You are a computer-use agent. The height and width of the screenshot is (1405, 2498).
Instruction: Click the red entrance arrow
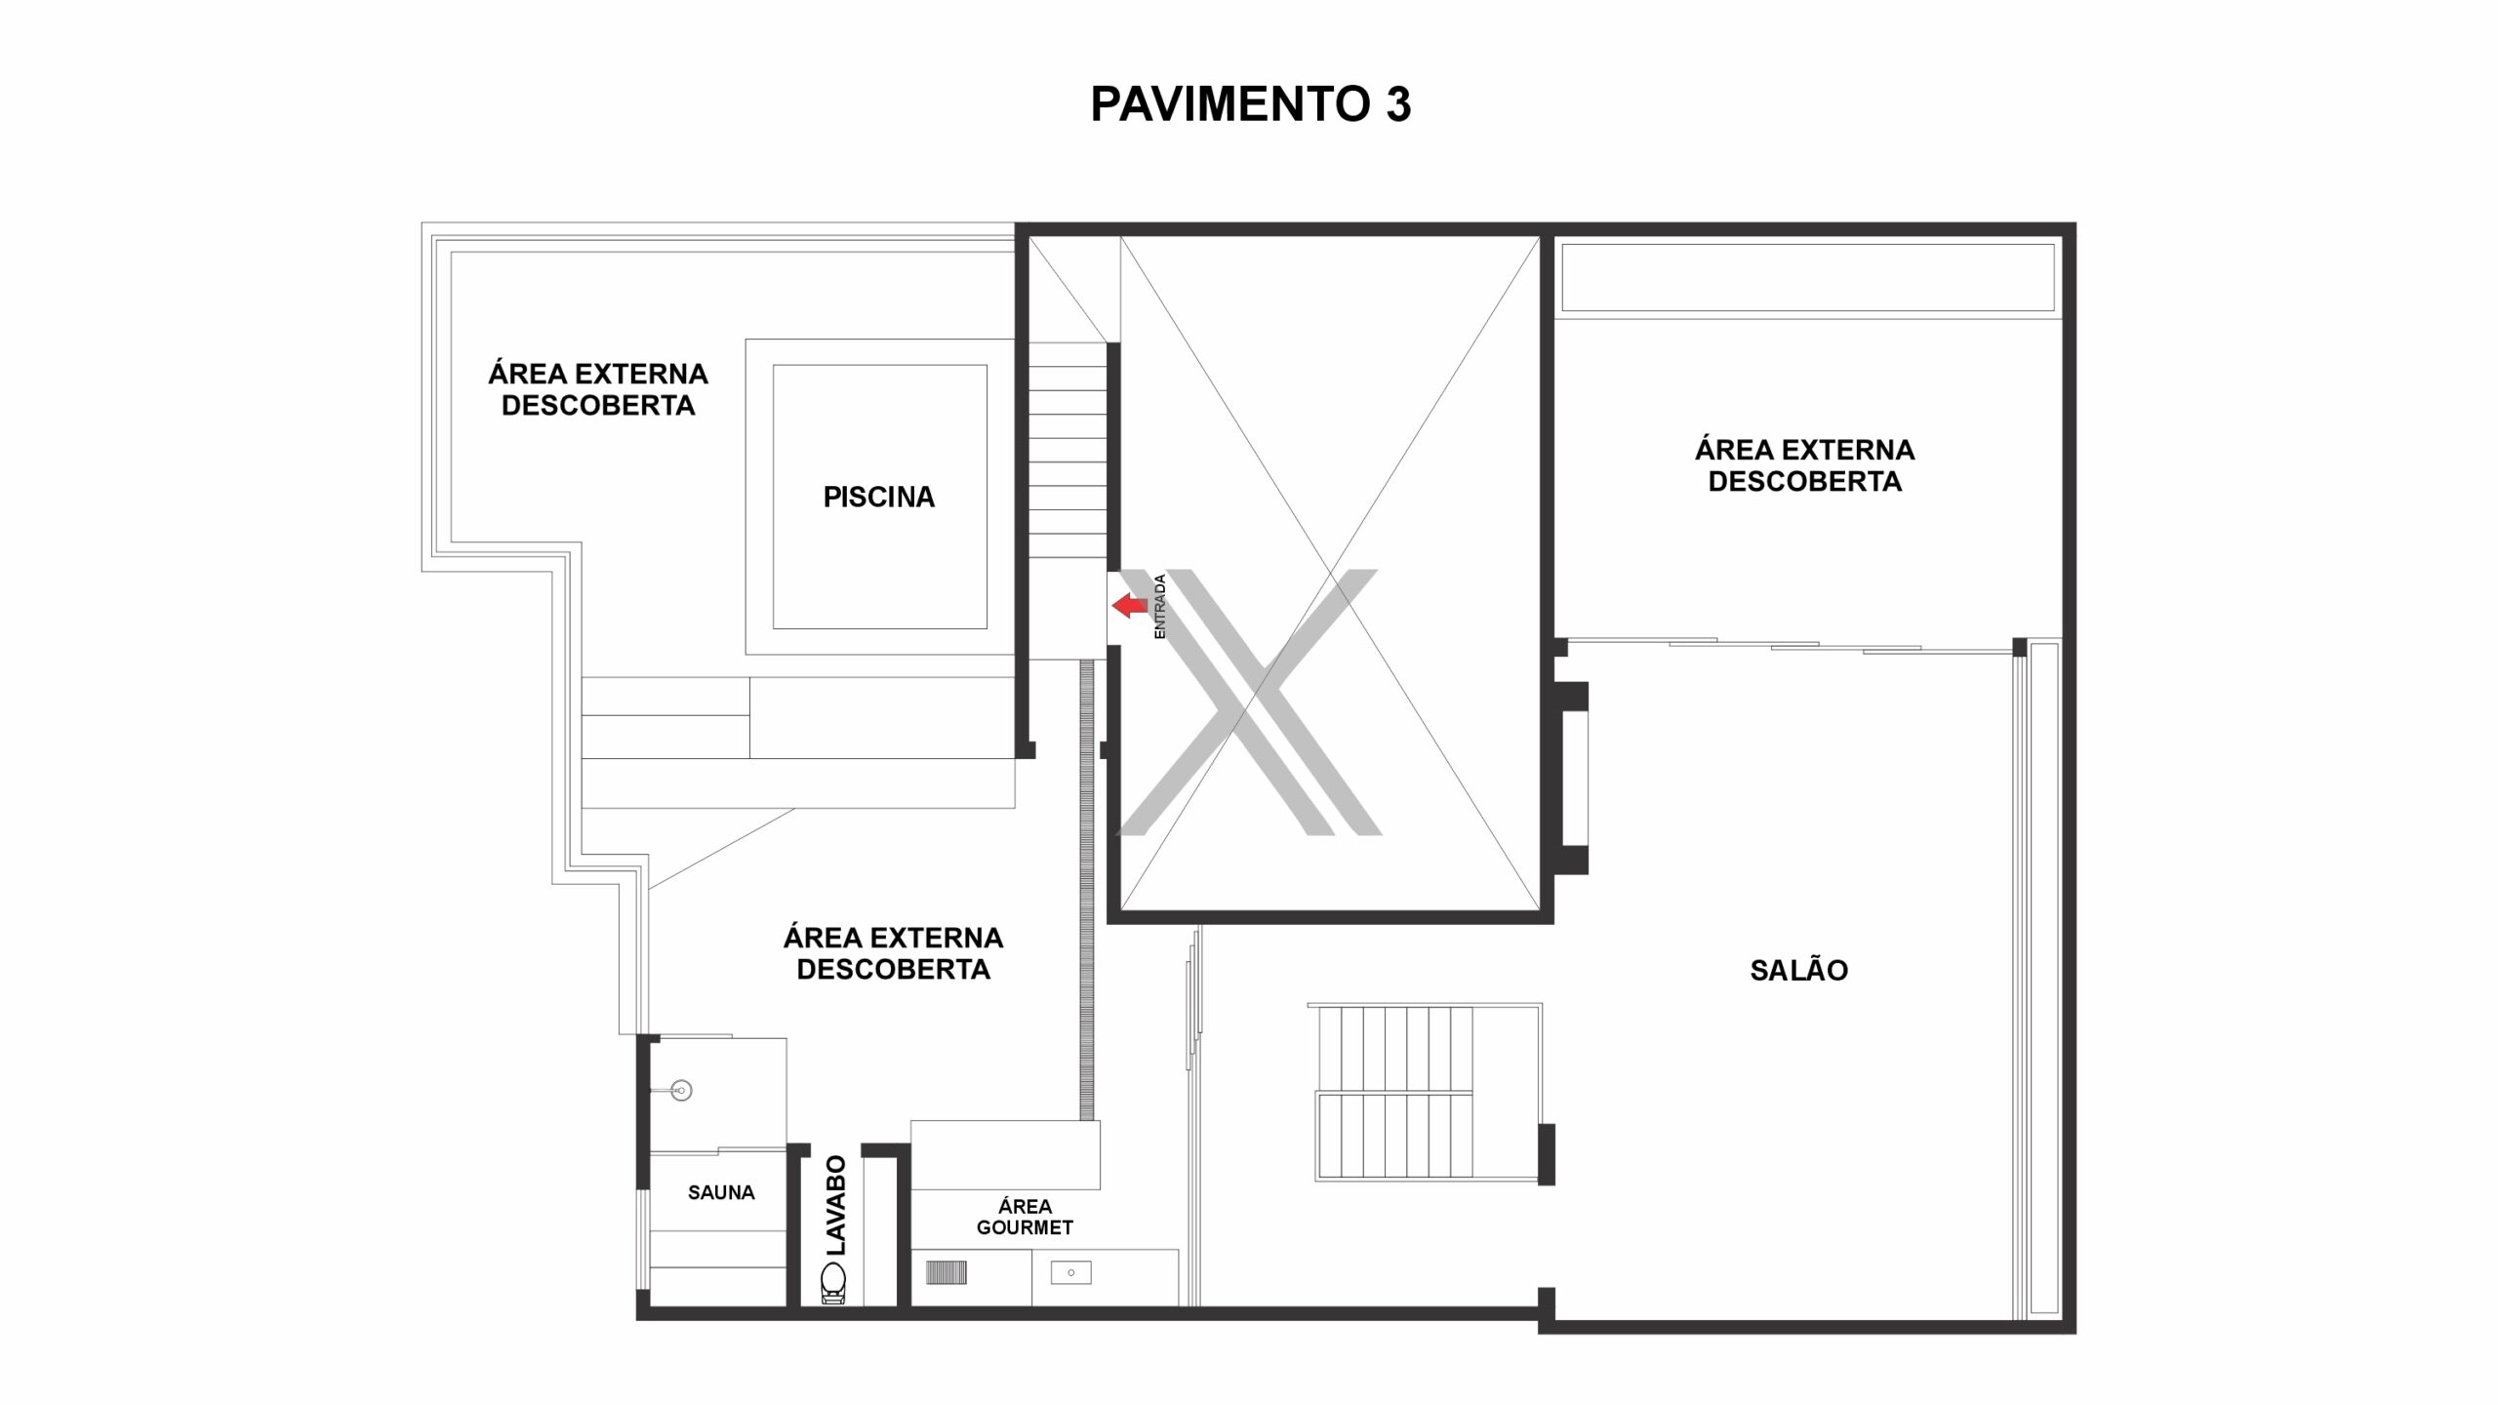tap(1130, 606)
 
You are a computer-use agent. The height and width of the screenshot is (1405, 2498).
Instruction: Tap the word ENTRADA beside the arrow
tap(1160, 607)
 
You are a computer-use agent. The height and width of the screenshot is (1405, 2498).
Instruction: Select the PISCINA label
tap(879, 498)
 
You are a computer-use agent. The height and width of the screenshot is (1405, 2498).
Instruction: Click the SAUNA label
tap(721, 1192)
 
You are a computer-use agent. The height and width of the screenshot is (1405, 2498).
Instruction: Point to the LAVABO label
tap(836, 1205)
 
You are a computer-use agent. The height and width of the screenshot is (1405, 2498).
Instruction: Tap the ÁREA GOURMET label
tap(1025, 1217)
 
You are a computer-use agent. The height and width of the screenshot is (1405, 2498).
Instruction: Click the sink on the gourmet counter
tap(1070, 1273)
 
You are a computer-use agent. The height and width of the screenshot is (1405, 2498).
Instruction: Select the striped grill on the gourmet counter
tap(946, 1272)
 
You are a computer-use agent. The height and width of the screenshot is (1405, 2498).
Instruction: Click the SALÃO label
tap(1799, 971)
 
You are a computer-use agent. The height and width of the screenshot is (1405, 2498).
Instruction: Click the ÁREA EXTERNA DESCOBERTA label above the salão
tap(1804, 465)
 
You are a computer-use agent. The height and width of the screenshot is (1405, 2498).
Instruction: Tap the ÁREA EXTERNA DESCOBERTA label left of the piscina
tap(598, 389)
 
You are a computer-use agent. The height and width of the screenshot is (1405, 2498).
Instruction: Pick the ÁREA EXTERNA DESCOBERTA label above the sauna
tap(893, 953)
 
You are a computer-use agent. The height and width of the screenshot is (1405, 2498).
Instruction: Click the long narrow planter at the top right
tap(1808, 276)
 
